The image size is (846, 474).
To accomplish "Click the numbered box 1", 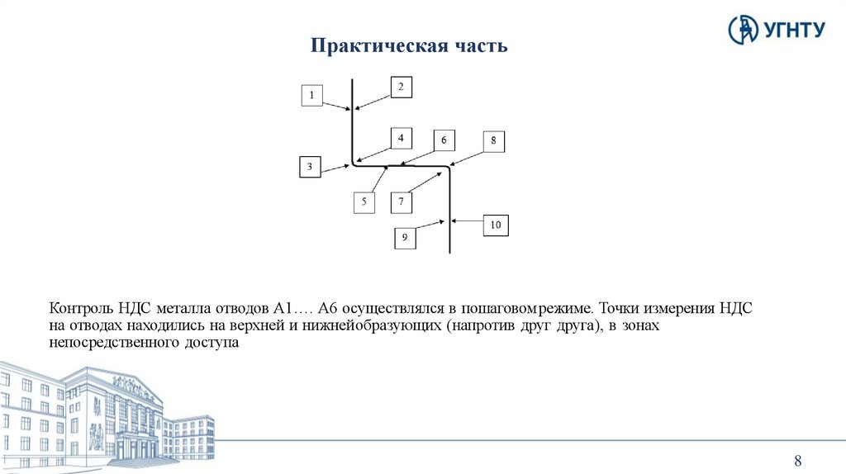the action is coord(311,96).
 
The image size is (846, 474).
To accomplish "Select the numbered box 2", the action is coord(401,87).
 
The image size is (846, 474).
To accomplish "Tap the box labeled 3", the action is coord(310,168).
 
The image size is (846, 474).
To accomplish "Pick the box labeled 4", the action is coord(401,138).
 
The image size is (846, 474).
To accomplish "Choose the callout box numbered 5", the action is coord(364,201).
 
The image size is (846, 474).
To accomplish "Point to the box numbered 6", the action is coord(444,140).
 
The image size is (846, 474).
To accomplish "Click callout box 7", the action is coord(401,201).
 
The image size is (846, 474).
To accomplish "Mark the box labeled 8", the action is coord(493,141).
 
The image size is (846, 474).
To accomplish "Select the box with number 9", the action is coord(405,238).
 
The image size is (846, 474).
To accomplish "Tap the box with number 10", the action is coord(496,225).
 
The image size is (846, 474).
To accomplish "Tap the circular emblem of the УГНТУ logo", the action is coord(742,29).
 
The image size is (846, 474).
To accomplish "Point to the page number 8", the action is coord(798,461).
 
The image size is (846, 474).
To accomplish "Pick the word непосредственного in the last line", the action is coord(108,344).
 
